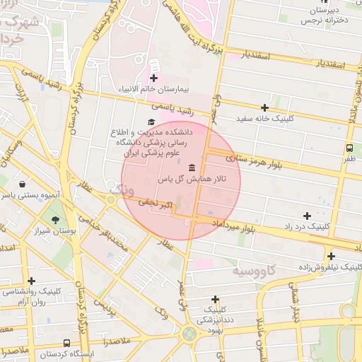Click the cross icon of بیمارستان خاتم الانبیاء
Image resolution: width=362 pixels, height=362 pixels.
point(153,78)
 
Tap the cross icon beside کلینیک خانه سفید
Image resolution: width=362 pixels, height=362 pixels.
point(264,107)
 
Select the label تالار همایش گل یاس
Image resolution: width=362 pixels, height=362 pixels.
point(192,180)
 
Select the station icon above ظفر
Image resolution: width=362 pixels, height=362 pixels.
point(349,148)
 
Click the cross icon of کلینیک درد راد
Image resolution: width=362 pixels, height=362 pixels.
point(306,215)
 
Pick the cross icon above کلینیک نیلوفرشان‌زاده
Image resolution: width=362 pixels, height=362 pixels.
point(331,256)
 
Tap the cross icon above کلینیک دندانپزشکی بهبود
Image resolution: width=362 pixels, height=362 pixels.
point(215,299)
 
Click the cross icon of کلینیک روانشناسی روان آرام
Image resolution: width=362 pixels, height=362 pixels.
point(30,280)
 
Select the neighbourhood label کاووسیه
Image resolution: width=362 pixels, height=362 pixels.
point(255,271)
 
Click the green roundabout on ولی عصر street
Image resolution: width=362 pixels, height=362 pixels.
point(189,333)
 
